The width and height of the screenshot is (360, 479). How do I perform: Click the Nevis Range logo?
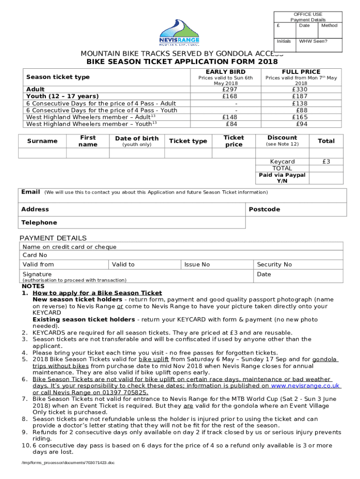click(180, 33)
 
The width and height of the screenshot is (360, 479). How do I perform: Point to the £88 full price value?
click(301, 110)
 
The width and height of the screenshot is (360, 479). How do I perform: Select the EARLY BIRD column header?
click(226, 72)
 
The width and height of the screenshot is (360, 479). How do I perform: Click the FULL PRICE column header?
click(301, 72)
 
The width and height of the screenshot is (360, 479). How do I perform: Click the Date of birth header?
click(137, 138)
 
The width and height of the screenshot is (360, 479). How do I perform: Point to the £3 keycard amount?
click(326, 161)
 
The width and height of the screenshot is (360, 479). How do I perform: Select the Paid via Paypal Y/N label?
click(282, 178)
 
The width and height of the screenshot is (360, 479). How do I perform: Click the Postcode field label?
click(264, 209)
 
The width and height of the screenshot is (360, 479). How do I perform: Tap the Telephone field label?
click(39, 223)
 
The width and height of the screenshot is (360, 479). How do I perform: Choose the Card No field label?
click(35, 255)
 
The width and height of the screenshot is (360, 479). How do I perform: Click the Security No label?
click(274, 265)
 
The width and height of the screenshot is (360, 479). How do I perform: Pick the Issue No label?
click(197, 265)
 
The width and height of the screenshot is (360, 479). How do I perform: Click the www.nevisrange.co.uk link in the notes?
click(305, 386)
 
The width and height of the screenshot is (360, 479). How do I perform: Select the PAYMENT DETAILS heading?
click(52, 238)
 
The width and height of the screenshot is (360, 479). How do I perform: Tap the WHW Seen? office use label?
click(313, 41)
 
